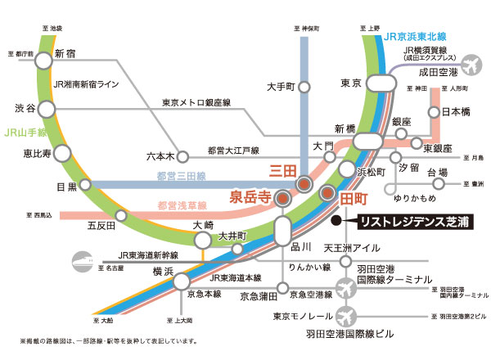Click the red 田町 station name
[353, 196]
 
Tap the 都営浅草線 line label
[179, 205]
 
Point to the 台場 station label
[438, 173]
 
